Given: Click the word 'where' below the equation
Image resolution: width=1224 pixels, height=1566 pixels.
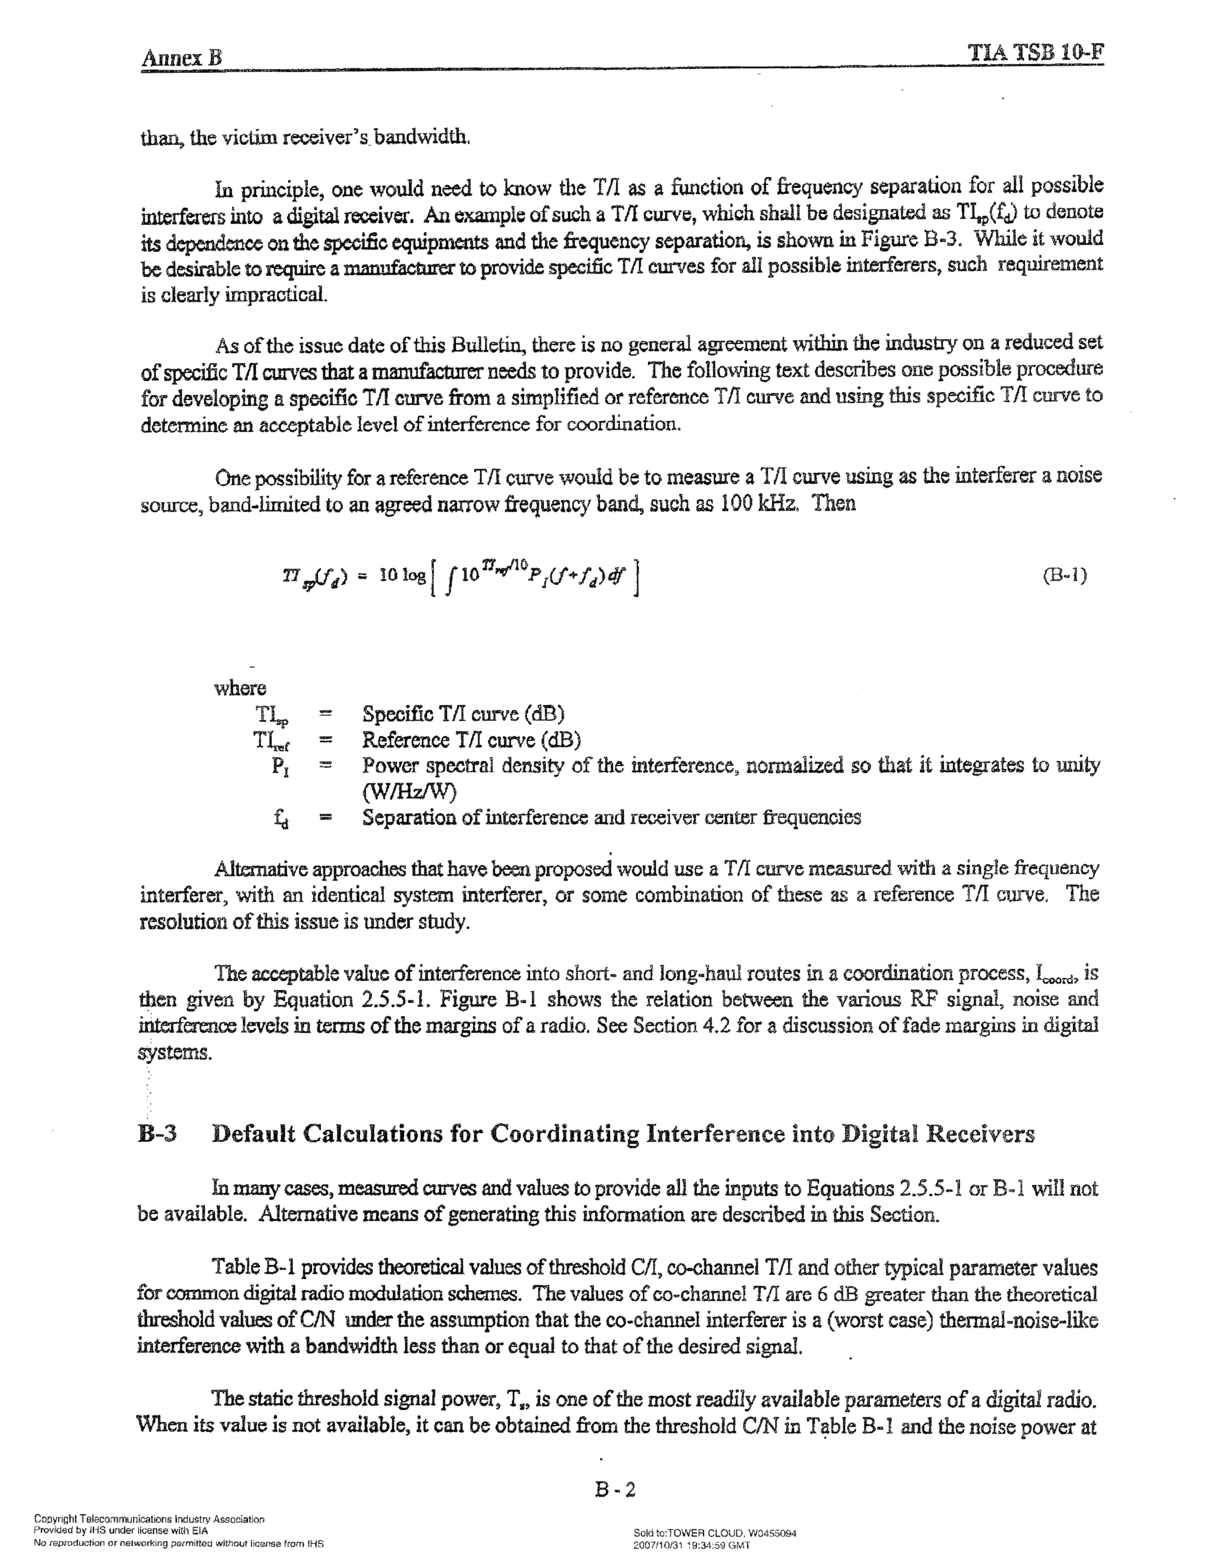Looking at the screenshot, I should (240, 688).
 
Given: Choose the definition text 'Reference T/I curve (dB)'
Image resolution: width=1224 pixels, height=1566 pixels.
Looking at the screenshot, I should (471, 740).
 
